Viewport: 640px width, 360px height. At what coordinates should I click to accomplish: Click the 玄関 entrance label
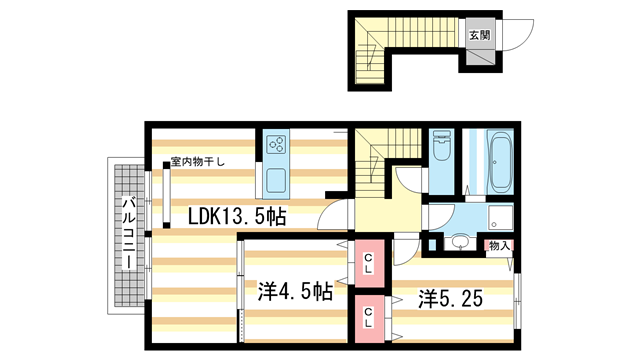coord(478,32)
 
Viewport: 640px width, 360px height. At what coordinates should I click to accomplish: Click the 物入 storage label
coord(499,245)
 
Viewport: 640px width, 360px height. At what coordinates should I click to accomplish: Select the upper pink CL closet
coord(369,264)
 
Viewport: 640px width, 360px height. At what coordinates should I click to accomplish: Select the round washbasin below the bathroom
coord(460,241)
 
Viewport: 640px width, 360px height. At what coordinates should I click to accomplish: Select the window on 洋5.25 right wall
coord(516,300)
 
